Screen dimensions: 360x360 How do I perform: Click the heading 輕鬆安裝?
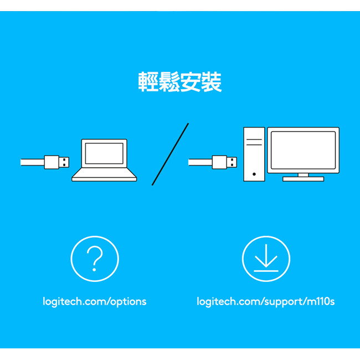[x=180, y=82]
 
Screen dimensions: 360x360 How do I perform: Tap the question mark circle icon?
[x=95, y=259]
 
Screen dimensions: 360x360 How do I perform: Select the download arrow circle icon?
[x=266, y=259]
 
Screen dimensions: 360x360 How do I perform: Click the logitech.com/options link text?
[x=95, y=302]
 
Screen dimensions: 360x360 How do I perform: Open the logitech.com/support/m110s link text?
[x=266, y=302]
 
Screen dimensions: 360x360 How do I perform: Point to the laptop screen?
[x=104, y=153]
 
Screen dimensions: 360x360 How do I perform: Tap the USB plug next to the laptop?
[x=56, y=162]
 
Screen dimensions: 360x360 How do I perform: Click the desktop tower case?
[x=254, y=154]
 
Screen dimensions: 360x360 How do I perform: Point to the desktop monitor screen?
[x=303, y=150]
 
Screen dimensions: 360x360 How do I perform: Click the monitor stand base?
[x=303, y=179]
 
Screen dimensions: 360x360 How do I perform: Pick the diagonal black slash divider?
[x=171, y=154]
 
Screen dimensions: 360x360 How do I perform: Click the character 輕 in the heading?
[x=148, y=82]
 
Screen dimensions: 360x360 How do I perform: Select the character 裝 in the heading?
[x=212, y=82]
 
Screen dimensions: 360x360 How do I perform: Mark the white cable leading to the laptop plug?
[x=32, y=162]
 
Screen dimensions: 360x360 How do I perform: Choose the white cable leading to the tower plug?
[x=199, y=162]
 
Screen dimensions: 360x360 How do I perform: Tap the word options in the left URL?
[x=128, y=302]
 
